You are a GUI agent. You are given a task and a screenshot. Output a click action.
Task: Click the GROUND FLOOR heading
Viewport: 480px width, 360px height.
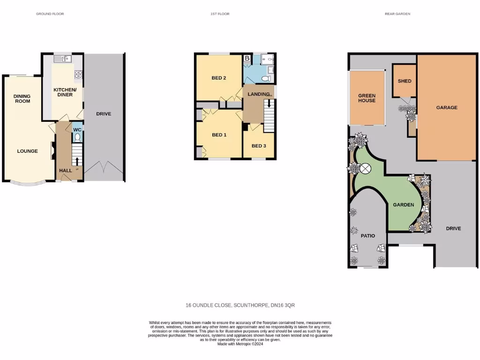point(50,14)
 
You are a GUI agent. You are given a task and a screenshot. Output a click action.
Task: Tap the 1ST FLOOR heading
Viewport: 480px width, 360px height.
point(220,14)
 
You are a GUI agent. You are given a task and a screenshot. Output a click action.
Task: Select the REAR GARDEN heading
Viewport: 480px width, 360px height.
point(397,14)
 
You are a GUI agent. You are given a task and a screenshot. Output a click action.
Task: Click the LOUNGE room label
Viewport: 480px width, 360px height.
point(27,151)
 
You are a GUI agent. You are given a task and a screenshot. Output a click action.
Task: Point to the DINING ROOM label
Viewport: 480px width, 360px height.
point(22,99)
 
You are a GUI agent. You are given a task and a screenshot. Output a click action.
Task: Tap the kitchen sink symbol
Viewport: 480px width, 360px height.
point(63,59)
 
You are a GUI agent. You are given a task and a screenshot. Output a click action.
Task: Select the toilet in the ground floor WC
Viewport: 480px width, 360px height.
point(77,137)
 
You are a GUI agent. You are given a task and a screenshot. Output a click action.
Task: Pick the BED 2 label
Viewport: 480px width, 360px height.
point(219,78)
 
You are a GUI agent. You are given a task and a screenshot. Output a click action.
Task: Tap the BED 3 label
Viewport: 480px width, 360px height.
point(259,146)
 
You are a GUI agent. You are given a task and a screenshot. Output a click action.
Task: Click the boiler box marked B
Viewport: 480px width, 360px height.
point(247,59)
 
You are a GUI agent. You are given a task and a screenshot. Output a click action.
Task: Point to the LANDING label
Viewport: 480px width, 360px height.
point(259,94)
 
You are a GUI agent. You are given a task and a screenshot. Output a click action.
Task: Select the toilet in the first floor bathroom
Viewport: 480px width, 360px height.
point(266,78)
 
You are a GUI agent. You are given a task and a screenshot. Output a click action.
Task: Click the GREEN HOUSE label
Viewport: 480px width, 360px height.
point(367,98)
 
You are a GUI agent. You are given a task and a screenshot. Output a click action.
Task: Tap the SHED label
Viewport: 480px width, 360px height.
point(404,81)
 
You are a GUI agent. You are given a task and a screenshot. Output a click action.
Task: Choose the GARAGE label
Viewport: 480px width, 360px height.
point(447,107)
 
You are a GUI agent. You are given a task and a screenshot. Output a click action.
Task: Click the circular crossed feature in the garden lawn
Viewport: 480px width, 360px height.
point(365,168)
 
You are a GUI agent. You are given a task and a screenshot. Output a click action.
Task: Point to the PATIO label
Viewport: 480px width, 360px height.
point(367,236)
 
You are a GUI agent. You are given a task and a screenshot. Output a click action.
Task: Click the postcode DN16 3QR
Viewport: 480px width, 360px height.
point(283,305)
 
